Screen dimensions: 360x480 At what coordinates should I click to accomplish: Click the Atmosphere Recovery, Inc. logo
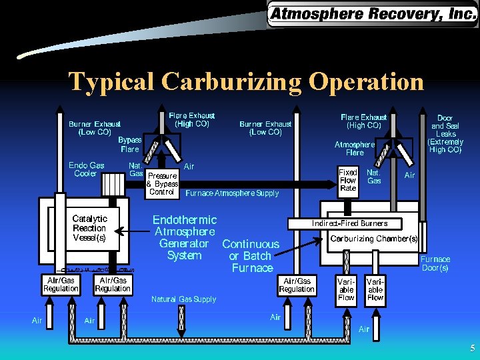point(372,13)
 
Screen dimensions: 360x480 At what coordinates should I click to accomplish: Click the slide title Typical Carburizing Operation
point(246,81)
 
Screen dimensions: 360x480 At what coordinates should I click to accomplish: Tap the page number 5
point(472,348)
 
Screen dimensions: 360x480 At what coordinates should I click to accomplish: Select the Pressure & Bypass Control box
point(162,184)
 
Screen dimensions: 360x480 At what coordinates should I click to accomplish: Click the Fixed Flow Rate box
point(348,180)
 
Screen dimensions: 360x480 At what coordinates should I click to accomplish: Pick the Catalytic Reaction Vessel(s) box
point(89,228)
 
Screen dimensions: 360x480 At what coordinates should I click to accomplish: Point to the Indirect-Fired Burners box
point(349,223)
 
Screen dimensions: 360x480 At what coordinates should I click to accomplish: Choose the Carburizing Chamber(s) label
point(375,238)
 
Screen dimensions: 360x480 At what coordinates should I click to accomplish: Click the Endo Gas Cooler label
point(86,169)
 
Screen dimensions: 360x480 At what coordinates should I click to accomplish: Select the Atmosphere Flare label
point(354,148)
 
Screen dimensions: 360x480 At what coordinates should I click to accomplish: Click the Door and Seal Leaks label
point(446,134)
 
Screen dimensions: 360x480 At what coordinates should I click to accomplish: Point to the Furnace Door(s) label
point(434,263)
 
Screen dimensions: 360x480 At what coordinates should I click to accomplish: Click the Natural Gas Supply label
point(184,299)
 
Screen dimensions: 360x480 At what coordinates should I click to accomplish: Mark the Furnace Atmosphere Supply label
point(231,193)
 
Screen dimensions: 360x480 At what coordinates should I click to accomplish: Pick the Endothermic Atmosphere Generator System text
point(185,237)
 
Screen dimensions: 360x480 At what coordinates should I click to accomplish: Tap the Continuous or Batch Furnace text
point(251,256)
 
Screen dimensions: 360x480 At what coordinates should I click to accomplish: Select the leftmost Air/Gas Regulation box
point(61,285)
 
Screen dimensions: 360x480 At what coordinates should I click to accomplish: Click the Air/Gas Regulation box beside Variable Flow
point(297,285)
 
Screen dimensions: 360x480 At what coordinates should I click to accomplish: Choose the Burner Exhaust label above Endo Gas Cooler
point(95,127)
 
